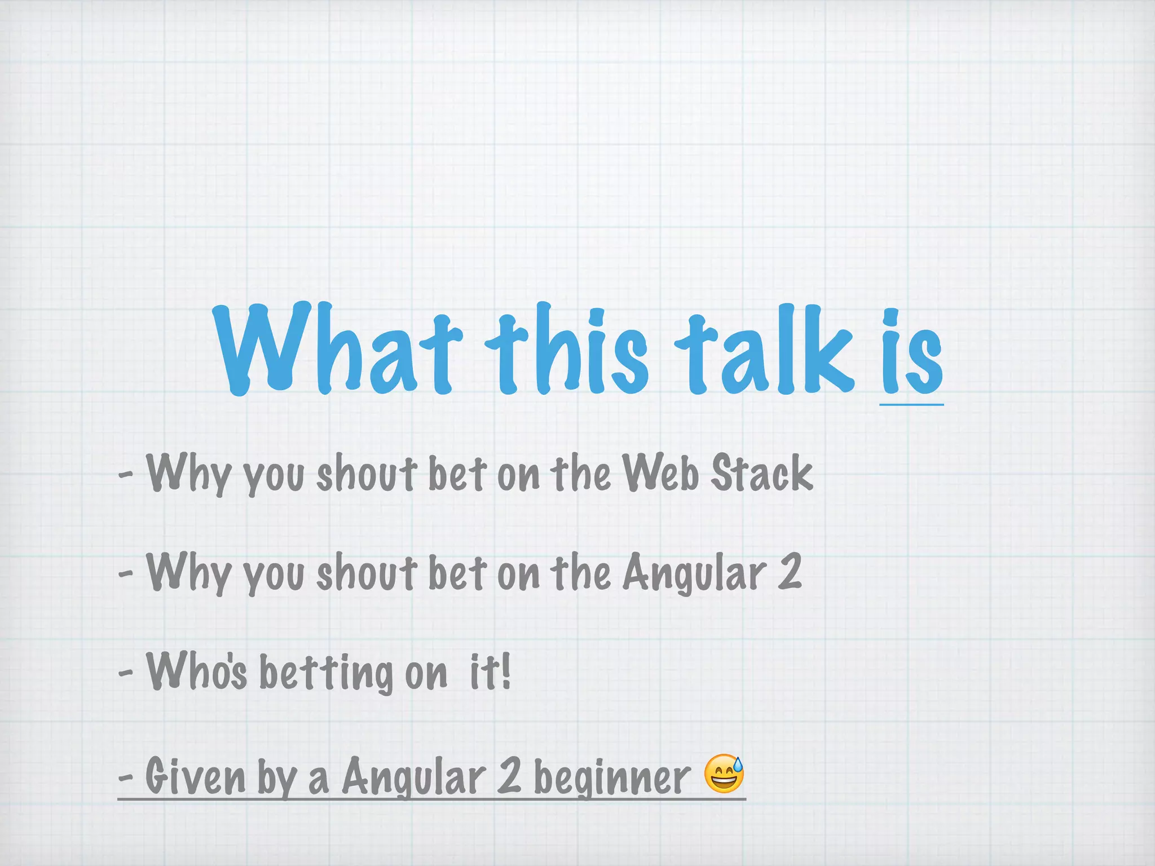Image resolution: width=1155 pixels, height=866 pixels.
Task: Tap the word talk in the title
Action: click(x=765, y=350)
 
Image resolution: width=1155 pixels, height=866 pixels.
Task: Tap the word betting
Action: click(x=326, y=673)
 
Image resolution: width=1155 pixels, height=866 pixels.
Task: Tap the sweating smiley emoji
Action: click(x=724, y=774)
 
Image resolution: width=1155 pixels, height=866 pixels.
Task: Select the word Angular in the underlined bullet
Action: click(x=414, y=777)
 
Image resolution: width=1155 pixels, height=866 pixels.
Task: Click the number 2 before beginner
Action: click(x=509, y=776)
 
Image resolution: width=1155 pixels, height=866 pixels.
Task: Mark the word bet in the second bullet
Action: click(x=457, y=572)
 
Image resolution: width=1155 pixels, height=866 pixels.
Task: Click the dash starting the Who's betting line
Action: click(x=126, y=672)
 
